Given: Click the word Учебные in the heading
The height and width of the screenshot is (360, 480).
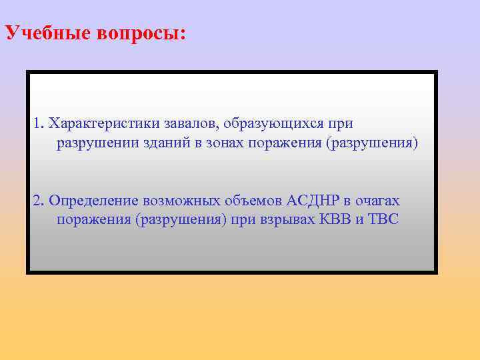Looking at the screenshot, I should tap(42, 34).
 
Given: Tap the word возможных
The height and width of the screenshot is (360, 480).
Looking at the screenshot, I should tap(179, 200).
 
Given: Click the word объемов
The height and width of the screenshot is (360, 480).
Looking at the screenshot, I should tap(253, 200).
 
